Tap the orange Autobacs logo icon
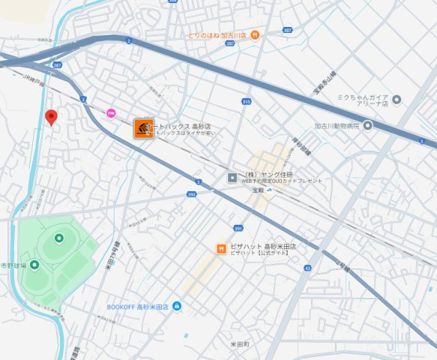pos(143,128)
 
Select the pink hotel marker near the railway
pos(111,112)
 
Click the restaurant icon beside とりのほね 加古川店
pos(255,34)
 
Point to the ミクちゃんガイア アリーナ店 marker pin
pos(397,100)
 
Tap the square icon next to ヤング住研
pos(232,177)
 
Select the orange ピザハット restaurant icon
pos(222,249)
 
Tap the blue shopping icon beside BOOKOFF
pos(177,306)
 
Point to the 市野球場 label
pos(13,265)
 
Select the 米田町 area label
pos(239,343)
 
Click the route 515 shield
pos(246,101)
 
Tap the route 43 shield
pos(307,267)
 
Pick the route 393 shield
pos(191,194)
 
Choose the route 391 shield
pos(239,228)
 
